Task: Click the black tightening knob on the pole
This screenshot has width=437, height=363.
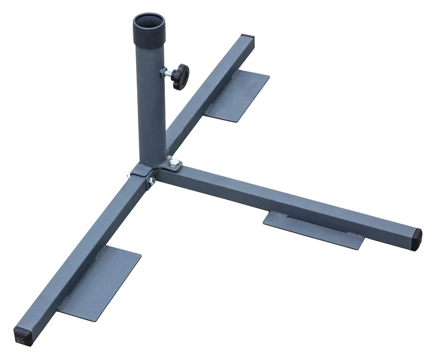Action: pos(179,75)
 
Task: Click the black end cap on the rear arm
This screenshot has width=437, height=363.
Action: pos(249,41)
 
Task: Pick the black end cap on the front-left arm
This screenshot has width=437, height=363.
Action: pos(23,333)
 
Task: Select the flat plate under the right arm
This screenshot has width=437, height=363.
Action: pos(317,230)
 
